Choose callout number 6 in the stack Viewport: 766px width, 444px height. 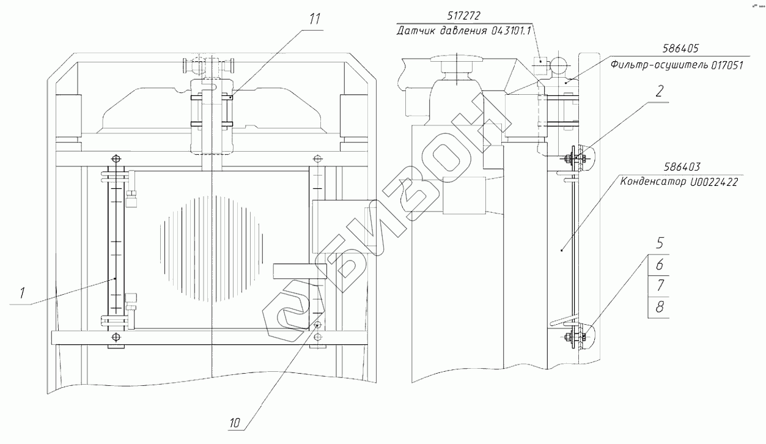(x=658, y=264)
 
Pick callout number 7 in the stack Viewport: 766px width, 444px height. (x=658, y=286)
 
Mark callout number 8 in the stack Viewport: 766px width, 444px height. (x=658, y=307)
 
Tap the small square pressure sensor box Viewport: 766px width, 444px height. (x=542, y=61)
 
